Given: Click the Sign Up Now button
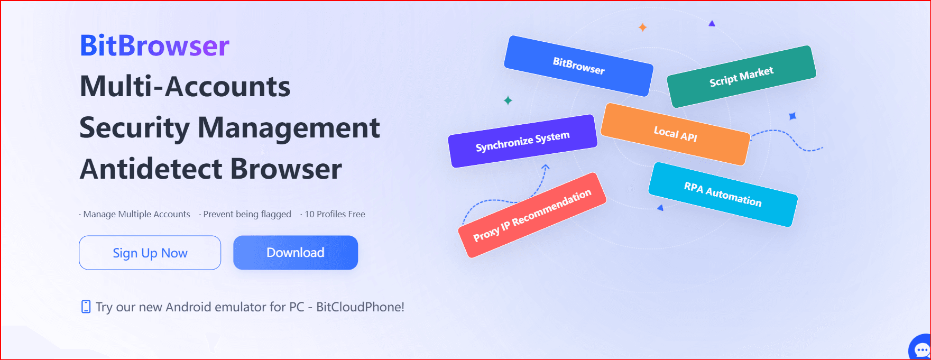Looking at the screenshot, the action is coord(150,253).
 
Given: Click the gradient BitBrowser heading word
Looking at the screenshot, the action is coord(155,45).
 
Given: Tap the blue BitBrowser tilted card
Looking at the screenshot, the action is coord(578,66).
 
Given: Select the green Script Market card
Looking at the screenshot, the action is coord(741,77).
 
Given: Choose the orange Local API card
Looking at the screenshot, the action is coord(675,134).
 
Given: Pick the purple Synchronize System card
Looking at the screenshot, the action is coord(522,141).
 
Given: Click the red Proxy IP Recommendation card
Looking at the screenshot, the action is coord(532,215).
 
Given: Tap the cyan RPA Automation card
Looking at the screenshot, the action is coord(723,195).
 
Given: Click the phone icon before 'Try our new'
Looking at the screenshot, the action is coord(86,307).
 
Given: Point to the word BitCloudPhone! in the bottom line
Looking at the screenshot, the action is coord(360,307).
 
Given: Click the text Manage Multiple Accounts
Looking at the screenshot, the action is coord(136,214).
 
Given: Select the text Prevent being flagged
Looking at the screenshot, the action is coord(247,214).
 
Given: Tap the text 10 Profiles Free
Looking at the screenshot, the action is coord(335,214).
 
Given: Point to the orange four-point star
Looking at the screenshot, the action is coord(642,27).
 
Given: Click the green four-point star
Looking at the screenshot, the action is coord(508,100).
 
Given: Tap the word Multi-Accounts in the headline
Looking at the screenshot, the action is coord(185,87).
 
